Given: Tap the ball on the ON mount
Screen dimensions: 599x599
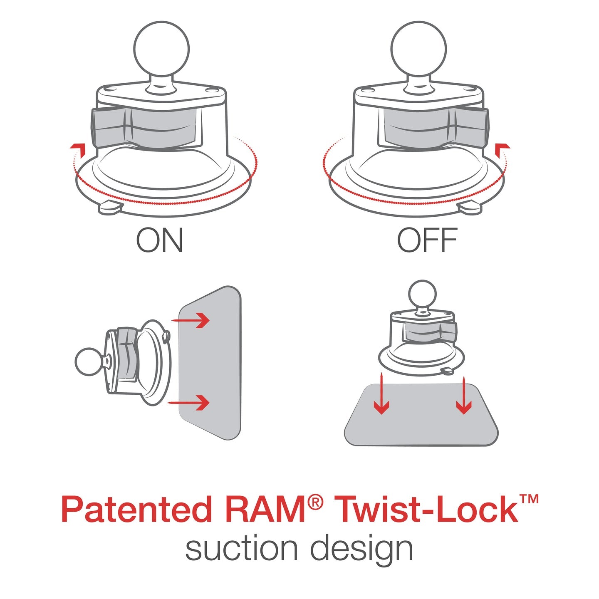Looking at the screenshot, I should [x=161, y=48].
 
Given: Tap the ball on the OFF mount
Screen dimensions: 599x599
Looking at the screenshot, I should [x=419, y=48].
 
